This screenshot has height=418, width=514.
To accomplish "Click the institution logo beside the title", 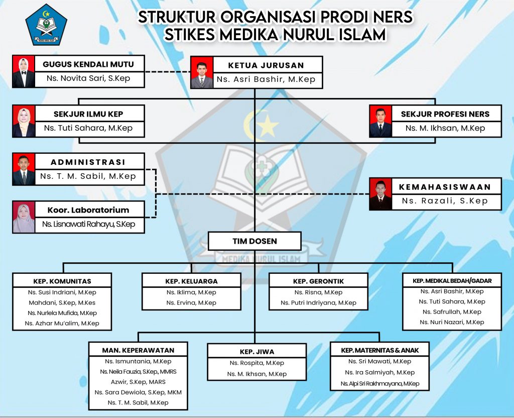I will coord(46,24).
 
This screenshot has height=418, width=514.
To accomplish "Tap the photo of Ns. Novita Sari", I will coord(24,72).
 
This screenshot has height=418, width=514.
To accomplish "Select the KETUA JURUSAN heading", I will coord(266,65).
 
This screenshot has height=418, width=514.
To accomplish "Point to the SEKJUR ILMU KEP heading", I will coord(88,114).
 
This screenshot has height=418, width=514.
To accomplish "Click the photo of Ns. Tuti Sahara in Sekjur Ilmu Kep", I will coord(24,122).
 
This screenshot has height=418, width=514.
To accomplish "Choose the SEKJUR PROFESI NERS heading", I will coord(445,114).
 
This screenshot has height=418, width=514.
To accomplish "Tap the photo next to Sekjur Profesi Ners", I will coord(380,122).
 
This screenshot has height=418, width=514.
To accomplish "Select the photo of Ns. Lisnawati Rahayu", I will coord(24,218).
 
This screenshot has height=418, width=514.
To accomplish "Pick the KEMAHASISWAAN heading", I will coord(445,187).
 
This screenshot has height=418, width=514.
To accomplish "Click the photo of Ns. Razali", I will coord(380,194).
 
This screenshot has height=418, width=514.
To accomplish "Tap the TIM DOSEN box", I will coord(254,241).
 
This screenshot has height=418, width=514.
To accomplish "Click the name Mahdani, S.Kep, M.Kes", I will coord(62,302).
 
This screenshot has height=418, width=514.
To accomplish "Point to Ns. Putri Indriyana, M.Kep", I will coord(318,302).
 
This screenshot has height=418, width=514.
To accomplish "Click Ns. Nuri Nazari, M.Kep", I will coord(452,322).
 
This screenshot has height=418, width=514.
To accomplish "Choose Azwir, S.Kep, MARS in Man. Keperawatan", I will coord(138,382).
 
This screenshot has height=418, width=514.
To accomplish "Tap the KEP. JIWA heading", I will coord(257,352).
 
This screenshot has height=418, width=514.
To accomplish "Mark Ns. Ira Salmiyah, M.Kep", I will coord(379,372).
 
